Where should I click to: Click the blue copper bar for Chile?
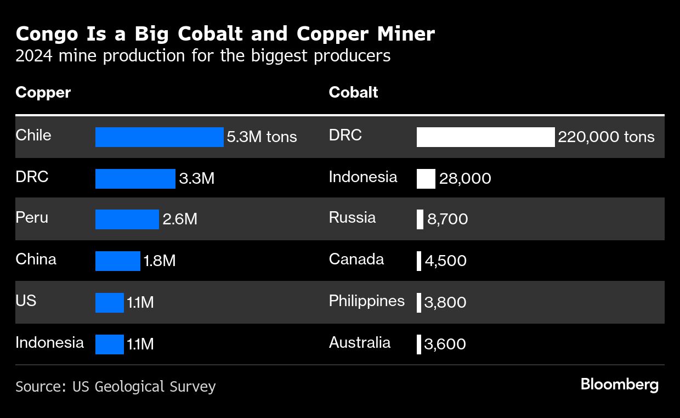click(x=159, y=137)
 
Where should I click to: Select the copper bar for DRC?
click(x=135, y=179)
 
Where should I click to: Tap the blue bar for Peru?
click(x=127, y=219)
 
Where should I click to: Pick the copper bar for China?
click(x=117, y=261)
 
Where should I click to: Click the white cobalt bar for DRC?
click(x=485, y=137)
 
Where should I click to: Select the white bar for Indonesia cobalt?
click(x=426, y=179)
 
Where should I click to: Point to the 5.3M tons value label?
click(x=262, y=137)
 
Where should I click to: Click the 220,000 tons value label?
click(x=606, y=137)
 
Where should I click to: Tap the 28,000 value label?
click(x=465, y=179)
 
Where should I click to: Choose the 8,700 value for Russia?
click(x=447, y=219)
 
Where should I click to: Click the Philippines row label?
click(x=366, y=301)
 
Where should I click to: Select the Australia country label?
click(x=360, y=343)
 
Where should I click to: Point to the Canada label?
click(x=356, y=259)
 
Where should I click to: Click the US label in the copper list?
click(x=26, y=301)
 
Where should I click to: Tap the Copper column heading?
click(x=43, y=92)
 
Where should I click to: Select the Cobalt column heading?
click(x=353, y=92)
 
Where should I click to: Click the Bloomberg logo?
click(x=619, y=385)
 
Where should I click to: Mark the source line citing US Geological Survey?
click(x=116, y=387)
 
